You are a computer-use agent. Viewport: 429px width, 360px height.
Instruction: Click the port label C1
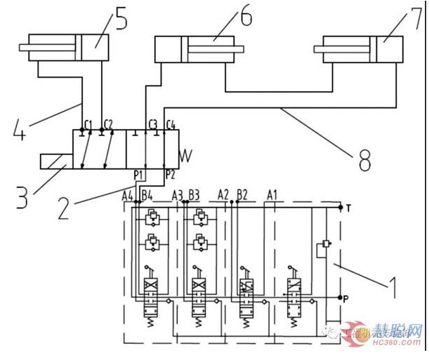(88, 125)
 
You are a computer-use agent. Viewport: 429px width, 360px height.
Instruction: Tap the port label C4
(171, 125)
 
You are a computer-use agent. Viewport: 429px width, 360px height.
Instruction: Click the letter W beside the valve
(185, 154)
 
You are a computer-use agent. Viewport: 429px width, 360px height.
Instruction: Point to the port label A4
(126, 194)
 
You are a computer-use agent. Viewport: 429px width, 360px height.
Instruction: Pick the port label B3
(194, 194)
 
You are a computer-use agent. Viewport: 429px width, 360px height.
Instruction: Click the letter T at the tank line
(349, 207)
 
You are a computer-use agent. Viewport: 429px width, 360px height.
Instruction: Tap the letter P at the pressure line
(349, 298)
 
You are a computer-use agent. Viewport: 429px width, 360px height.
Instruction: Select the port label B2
(242, 194)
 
